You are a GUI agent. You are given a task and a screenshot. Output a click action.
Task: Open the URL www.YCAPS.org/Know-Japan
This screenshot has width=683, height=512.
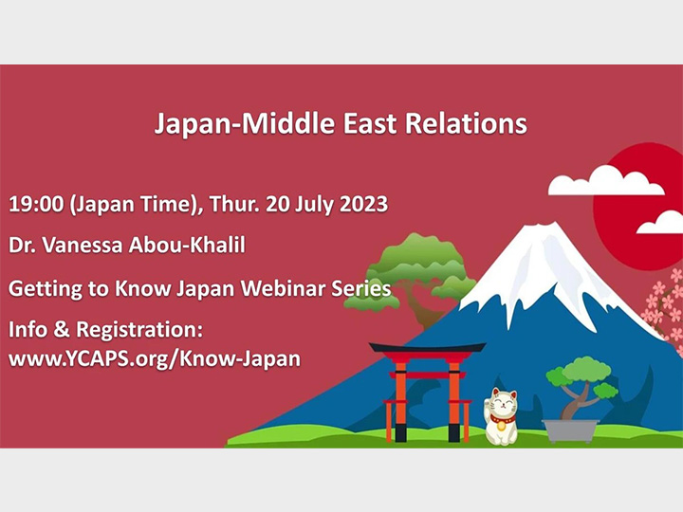(155, 360)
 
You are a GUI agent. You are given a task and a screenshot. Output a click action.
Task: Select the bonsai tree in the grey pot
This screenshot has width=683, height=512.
(579, 379)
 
